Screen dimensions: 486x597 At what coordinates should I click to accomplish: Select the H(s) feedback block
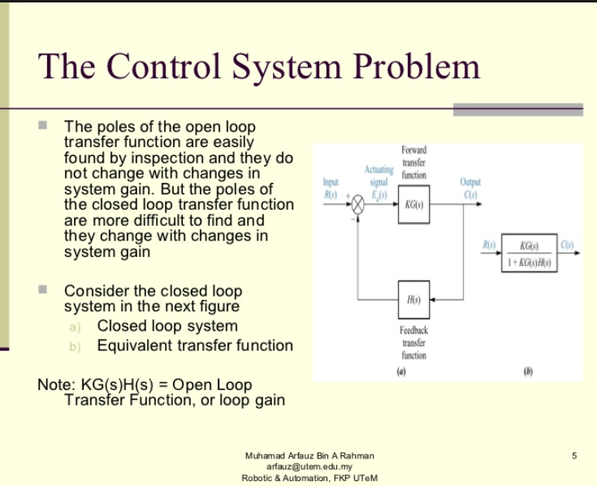(413, 300)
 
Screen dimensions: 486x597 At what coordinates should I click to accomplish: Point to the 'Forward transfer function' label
(413, 163)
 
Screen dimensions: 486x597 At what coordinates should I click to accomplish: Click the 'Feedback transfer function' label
(413, 342)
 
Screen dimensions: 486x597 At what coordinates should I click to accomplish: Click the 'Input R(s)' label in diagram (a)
(331, 188)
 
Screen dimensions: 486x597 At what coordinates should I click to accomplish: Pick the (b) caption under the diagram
(529, 372)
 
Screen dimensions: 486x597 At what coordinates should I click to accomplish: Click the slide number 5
(574, 456)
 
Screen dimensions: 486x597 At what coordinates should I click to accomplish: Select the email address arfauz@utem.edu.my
(309, 466)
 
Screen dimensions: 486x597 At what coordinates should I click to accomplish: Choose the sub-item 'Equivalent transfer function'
(195, 345)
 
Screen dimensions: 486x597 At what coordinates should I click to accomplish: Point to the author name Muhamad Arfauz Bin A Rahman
(309, 456)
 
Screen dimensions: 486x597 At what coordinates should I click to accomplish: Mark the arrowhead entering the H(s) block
(434, 300)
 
